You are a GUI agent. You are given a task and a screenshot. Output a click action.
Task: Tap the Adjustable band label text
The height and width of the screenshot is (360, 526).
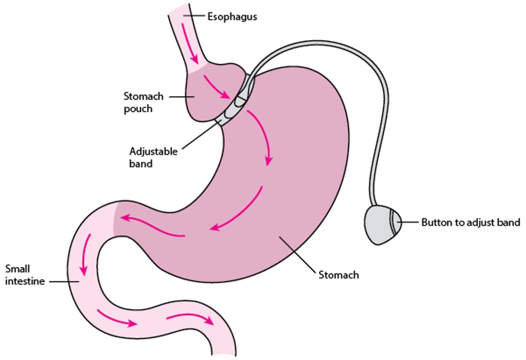pyautogui.click(x=153, y=158)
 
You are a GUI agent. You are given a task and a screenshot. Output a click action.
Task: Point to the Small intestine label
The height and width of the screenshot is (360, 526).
pyautogui.click(x=25, y=275)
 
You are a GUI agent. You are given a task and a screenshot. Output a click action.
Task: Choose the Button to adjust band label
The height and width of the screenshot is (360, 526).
pyautogui.click(x=470, y=222)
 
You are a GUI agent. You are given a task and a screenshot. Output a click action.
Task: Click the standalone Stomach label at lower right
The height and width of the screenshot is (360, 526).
pyautogui.click(x=338, y=275)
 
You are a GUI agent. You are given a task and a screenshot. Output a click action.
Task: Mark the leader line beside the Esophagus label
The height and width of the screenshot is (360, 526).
pyautogui.click(x=195, y=17)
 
